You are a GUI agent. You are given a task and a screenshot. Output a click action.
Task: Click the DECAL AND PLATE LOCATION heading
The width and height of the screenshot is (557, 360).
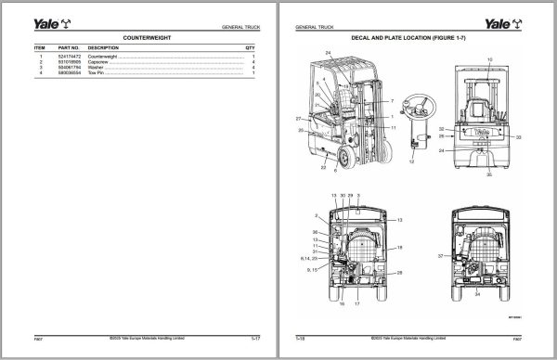coord(416,40)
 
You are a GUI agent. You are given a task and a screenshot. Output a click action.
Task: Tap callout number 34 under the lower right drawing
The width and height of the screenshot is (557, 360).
coord(477,293)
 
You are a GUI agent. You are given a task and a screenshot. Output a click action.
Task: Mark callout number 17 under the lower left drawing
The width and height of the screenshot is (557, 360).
coord(356,302)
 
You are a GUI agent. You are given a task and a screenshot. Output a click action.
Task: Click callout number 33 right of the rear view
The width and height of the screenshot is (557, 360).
coord(518,136)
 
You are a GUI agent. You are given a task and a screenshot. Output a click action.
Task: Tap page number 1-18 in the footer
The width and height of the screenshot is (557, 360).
coord(301,340)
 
